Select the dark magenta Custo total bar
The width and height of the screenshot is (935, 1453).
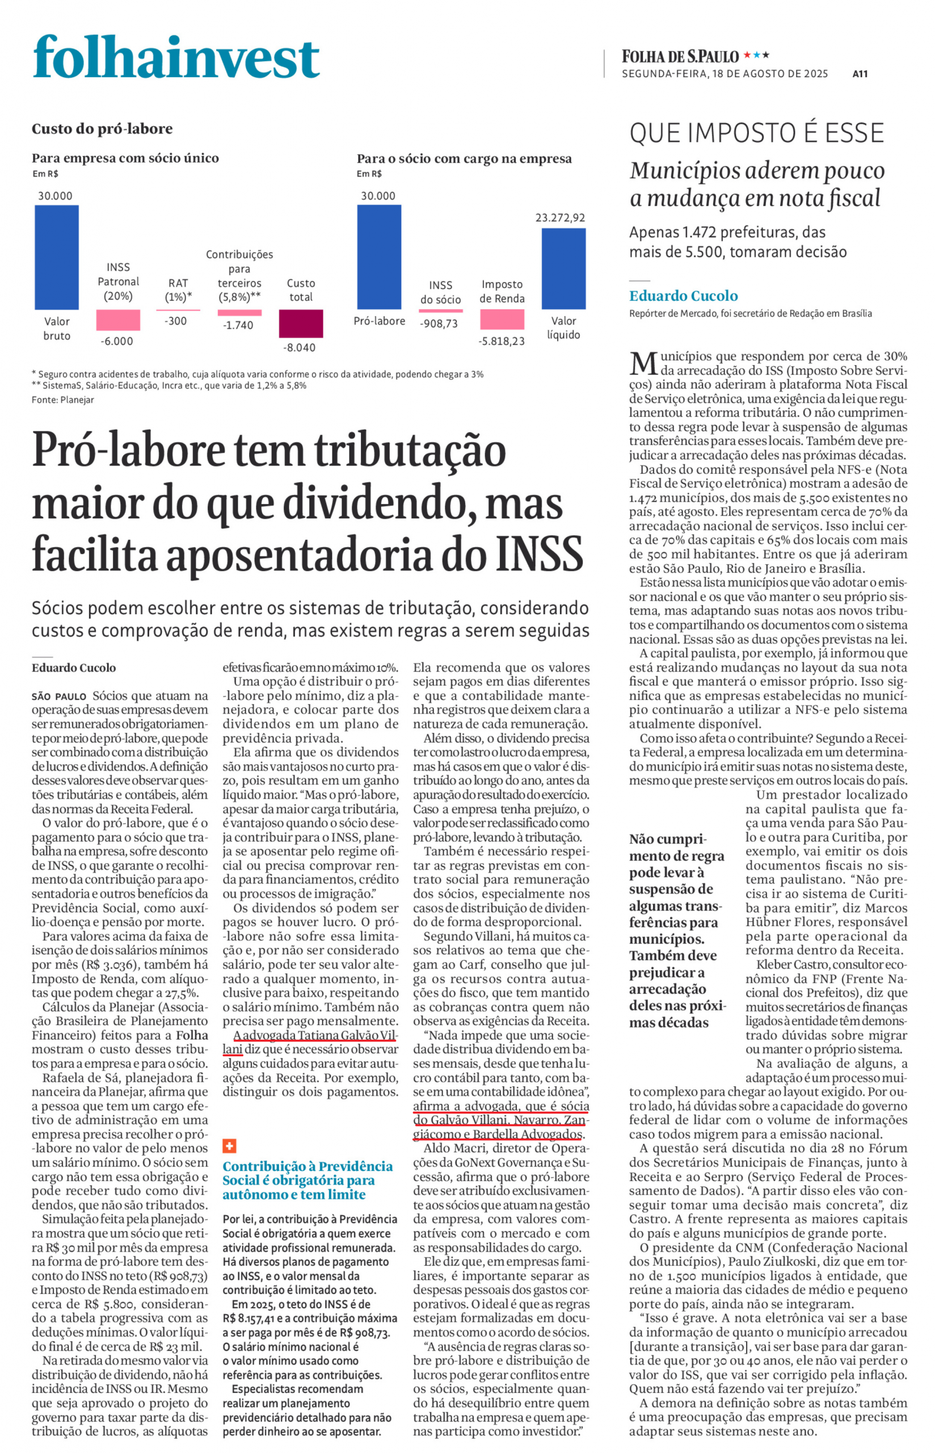(x=301, y=323)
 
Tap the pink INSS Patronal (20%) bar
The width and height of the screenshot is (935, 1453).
(x=118, y=320)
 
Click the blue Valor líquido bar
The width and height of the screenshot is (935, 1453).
(x=563, y=268)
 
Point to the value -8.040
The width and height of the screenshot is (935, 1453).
(x=300, y=347)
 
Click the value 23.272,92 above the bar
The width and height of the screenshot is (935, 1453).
(x=560, y=217)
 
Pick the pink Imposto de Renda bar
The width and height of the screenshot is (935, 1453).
(x=502, y=320)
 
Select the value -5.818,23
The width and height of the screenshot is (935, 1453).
(x=502, y=341)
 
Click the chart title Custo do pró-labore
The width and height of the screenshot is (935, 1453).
(x=102, y=129)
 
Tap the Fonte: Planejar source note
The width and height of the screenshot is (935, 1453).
(x=62, y=400)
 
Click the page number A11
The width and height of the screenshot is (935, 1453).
(x=860, y=74)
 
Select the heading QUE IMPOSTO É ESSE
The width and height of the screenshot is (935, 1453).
(x=756, y=133)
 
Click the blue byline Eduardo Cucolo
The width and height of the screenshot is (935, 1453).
(x=683, y=296)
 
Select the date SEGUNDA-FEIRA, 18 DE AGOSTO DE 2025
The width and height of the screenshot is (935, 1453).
(x=725, y=74)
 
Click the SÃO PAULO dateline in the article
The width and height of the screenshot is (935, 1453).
(x=59, y=696)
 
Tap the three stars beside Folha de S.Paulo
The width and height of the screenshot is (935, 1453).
(x=756, y=55)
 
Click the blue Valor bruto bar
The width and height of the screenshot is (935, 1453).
(x=57, y=257)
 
